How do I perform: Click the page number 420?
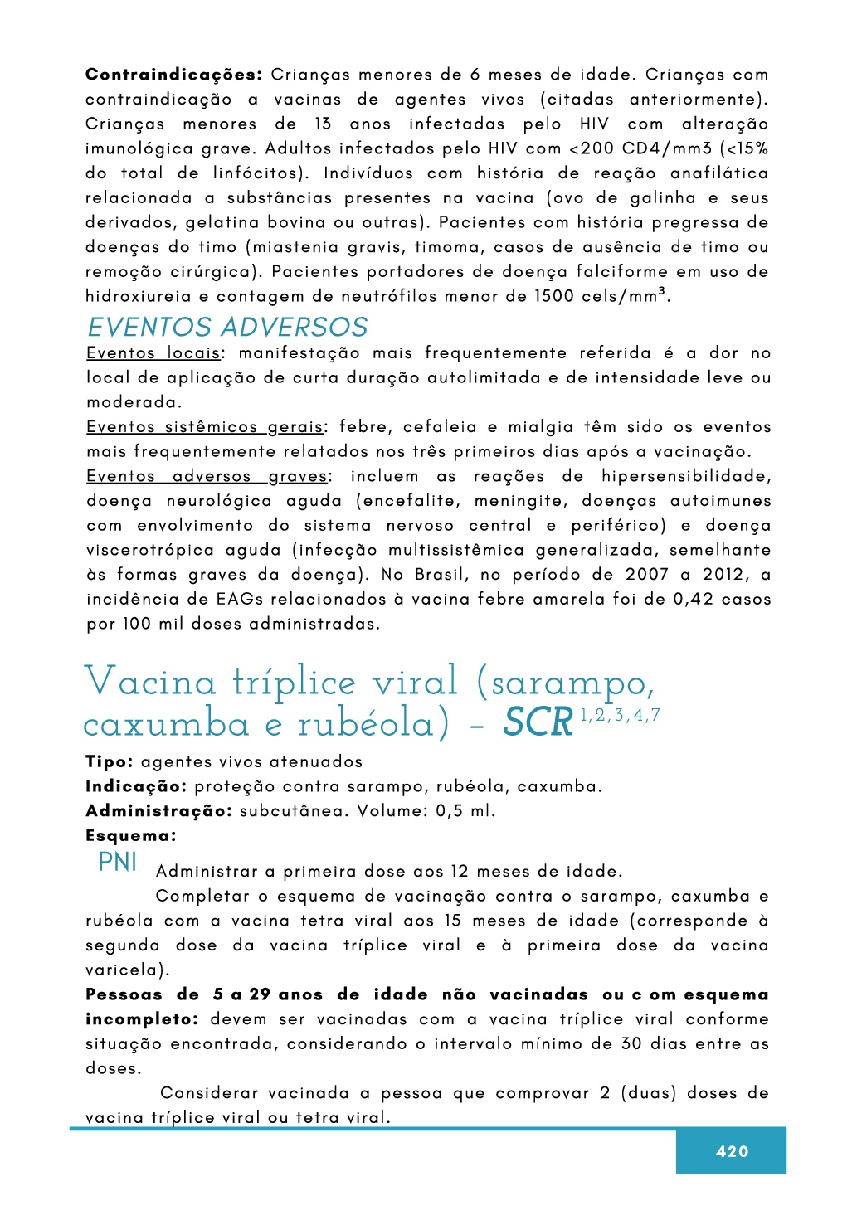coord(732,1151)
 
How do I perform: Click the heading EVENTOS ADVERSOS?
coord(227,328)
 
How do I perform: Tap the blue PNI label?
coord(118,863)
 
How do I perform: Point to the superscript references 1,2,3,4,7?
coord(620,716)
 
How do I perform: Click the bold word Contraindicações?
coord(173,75)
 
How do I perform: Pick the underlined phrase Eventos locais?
coord(153,353)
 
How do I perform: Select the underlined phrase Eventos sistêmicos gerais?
coord(205,427)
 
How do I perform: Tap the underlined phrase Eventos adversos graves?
coord(207,476)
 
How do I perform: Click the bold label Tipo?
coord(109,762)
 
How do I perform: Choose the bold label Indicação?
coord(136,786)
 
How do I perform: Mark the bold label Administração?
coord(158,811)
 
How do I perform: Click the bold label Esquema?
coord(131,836)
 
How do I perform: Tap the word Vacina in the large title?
coord(150,683)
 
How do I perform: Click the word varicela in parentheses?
coord(122,970)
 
